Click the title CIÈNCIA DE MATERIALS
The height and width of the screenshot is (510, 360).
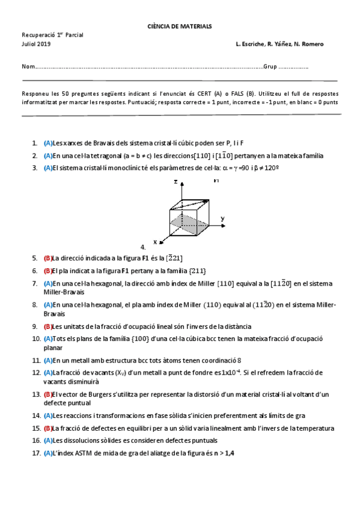180,26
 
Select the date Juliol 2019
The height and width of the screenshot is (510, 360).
36,45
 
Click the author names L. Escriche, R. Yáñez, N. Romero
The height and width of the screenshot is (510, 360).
280,45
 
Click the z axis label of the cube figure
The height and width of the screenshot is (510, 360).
175,181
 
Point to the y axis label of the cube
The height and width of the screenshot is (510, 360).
222,218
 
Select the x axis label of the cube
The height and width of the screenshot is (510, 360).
155,242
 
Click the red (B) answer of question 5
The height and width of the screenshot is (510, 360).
48,257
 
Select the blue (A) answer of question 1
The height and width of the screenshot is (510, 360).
48,143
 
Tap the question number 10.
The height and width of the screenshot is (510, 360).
36,339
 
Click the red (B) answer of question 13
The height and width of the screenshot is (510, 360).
48,395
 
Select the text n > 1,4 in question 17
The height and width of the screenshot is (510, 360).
222,453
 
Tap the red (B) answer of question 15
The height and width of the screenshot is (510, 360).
48,428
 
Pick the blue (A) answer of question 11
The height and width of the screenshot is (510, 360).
48,361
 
